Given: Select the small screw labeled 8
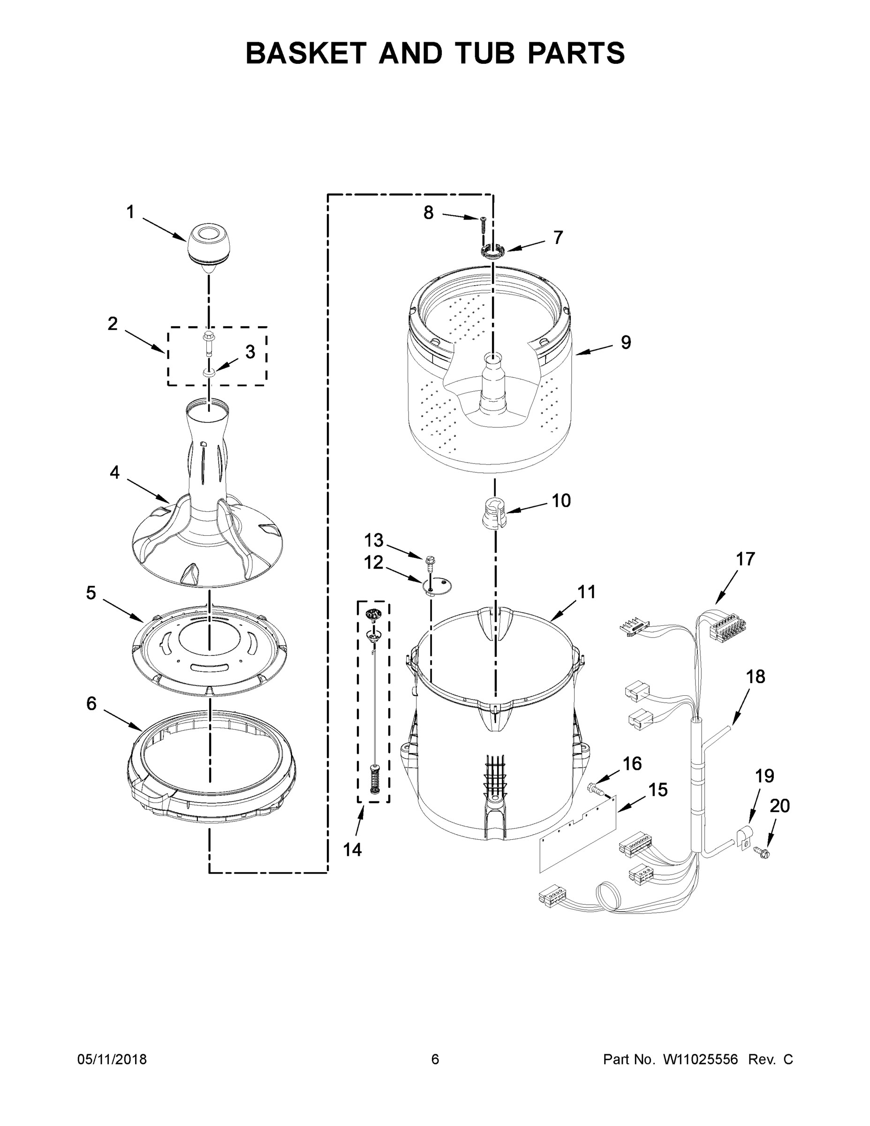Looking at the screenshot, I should [484, 225].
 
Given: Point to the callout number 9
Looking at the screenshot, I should [626, 342].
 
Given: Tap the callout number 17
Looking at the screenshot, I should [745, 558].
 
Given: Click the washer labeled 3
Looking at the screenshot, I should [209, 372].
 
